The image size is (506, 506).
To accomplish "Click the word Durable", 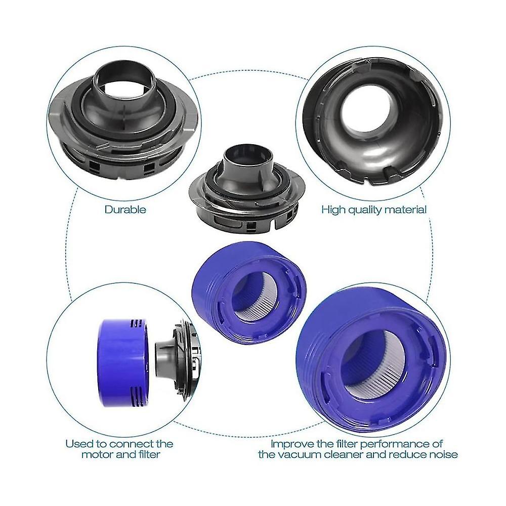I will [125, 209].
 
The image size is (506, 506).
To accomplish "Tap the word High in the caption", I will [334, 209].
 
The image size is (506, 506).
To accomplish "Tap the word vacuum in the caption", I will [324, 455].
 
